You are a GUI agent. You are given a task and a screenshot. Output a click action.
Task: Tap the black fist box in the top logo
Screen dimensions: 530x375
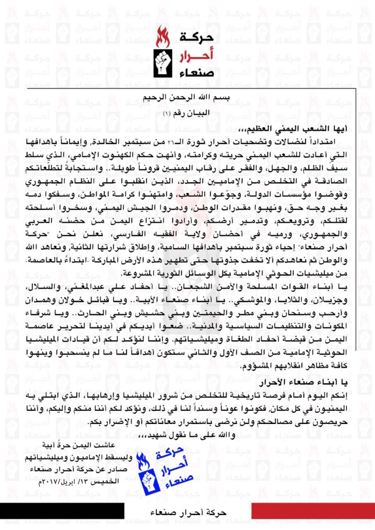[x=163, y=62]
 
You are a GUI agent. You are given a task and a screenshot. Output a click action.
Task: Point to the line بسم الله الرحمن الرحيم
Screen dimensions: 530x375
[x=187, y=97]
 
